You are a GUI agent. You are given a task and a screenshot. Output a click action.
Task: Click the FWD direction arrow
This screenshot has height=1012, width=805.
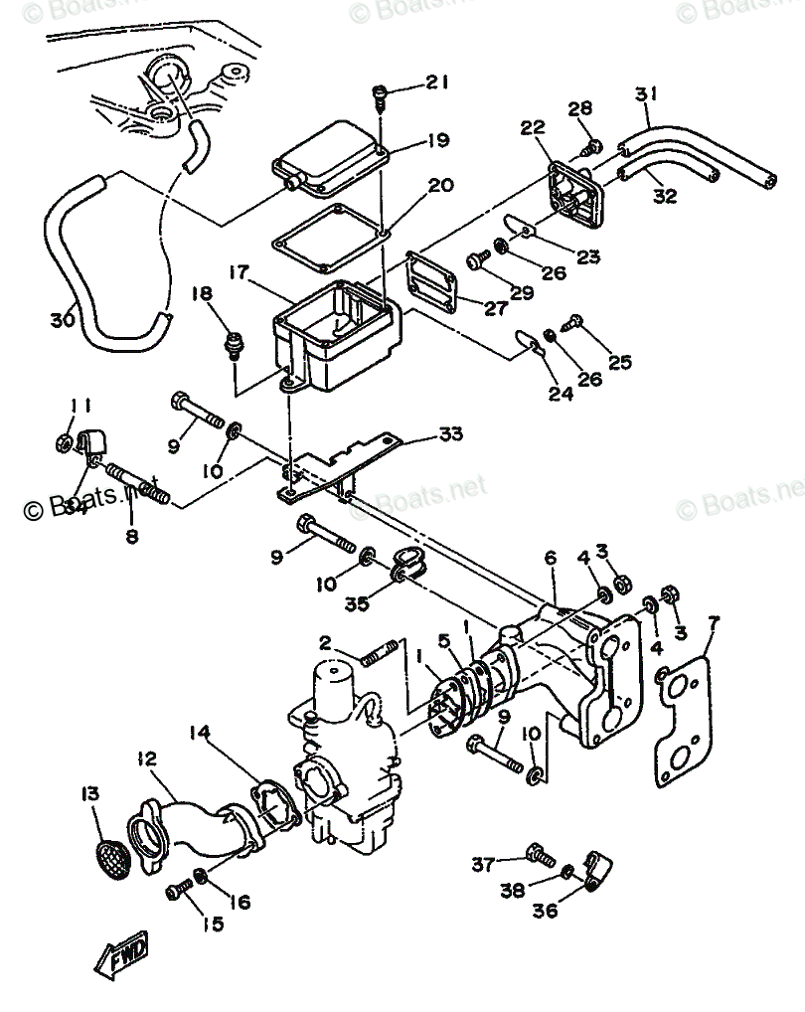[121, 957]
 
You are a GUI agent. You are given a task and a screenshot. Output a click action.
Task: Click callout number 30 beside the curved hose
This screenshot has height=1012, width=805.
[62, 320]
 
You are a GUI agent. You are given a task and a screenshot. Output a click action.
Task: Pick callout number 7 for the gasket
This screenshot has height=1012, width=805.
[714, 623]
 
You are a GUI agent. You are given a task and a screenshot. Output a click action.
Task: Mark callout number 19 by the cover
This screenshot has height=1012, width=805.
[438, 140]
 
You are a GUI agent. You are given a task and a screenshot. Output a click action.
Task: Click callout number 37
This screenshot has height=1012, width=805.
[483, 865]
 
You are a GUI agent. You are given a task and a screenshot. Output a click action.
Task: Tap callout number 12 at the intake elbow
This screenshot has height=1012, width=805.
[147, 759]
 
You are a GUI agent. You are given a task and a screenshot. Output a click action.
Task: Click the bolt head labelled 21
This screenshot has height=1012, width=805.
[381, 94]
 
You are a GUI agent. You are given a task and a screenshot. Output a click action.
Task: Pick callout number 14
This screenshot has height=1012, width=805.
[201, 735]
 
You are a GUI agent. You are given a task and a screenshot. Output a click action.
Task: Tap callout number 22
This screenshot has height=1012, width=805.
[533, 127]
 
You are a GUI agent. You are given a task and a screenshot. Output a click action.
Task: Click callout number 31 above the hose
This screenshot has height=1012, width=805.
[647, 95]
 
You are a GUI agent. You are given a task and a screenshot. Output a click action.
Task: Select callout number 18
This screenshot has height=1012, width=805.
[202, 293]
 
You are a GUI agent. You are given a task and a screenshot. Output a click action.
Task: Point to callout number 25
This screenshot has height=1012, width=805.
[620, 363]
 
